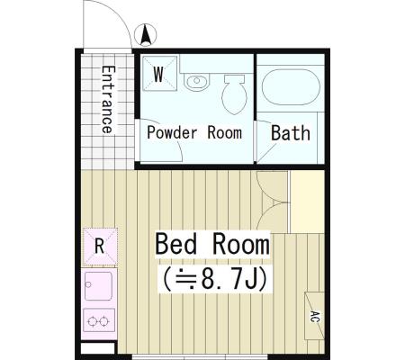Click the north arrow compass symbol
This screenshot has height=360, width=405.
coord(146,35)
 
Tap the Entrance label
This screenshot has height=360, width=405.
coord(108,100)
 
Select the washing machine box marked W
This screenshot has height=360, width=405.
coord(159,74)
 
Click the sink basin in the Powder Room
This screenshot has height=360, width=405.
coord(196,82)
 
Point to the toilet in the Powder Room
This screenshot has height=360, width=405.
coord(234,94)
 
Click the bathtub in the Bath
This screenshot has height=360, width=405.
coord(291,87)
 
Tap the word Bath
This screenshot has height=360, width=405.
coord(291,133)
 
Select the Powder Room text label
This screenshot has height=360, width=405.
coord(194,133)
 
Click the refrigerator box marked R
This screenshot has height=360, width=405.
coord(100,247)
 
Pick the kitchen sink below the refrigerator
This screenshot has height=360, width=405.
coord(98,286)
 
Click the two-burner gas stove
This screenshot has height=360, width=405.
coord(99,320)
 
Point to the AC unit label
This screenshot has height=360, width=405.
coord(314,317)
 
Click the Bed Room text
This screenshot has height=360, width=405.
coord(212,245)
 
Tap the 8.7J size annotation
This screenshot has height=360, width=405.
coord(215,279)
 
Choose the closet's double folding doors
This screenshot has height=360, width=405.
coord(272,202)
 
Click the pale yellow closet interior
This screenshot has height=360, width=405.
coord(307,202)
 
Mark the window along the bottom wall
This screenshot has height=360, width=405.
coord(200,357)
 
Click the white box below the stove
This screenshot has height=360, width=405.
coord(98,348)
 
